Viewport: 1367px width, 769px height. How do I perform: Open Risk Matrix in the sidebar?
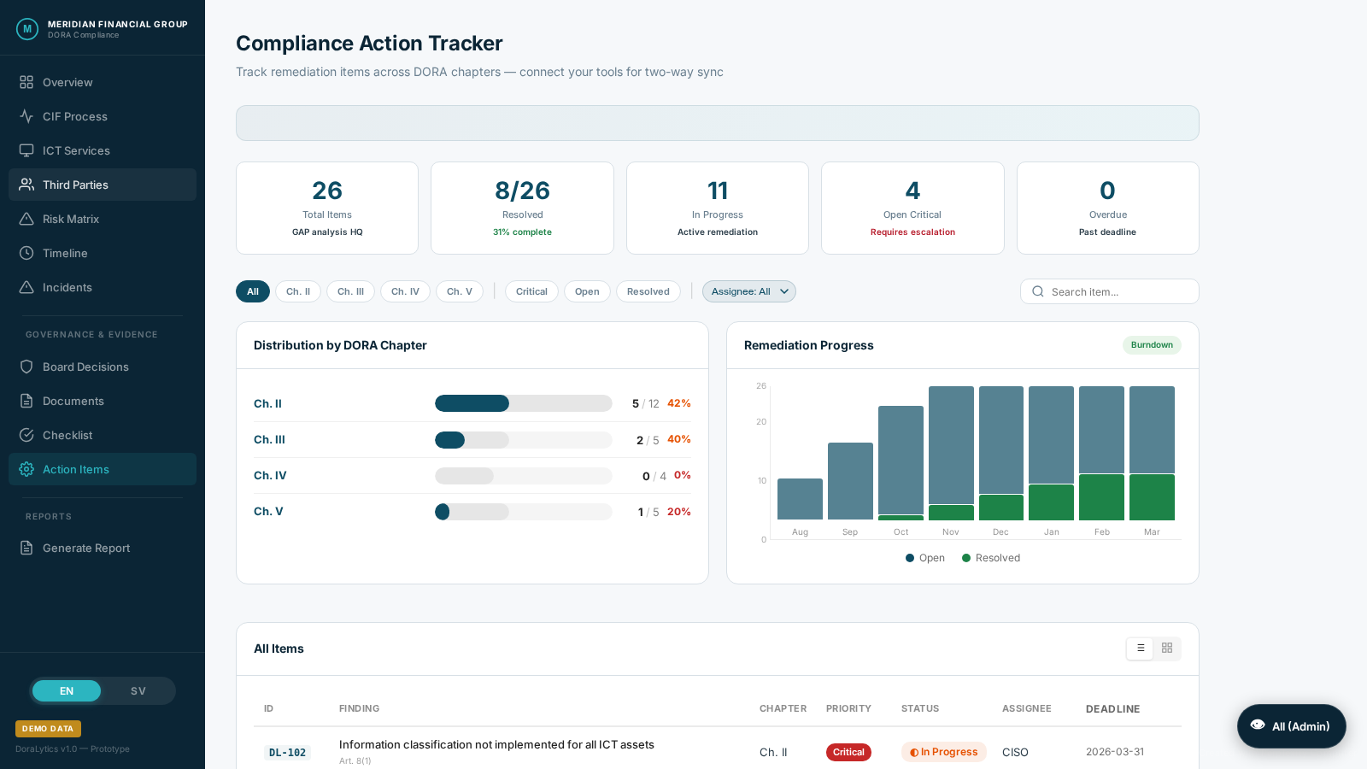tap(71, 219)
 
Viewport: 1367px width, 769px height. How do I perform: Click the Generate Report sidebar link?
tap(86, 548)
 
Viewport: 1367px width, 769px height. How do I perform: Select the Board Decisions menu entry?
tap(85, 367)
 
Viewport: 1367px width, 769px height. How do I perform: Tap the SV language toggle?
tap(138, 691)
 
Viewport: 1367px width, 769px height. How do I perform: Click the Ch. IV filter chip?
tap(405, 291)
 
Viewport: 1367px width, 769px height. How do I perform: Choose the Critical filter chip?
tap(531, 291)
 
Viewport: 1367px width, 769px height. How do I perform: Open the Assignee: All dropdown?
tap(749, 291)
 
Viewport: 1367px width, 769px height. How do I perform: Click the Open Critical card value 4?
tap(912, 191)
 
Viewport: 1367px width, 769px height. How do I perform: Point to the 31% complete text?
tap(522, 232)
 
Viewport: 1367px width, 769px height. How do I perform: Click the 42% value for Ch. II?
tap(679, 403)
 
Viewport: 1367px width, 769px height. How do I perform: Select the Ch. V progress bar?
tap(523, 512)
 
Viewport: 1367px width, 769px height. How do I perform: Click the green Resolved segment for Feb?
tap(1101, 497)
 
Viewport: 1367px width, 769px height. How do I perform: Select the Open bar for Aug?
tap(800, 499)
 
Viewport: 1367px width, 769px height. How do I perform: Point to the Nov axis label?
tap(951, 531)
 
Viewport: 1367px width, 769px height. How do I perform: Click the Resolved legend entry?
tap(991, 558)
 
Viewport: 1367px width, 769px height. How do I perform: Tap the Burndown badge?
tap(1152, 345)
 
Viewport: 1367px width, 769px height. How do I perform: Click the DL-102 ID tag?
tap(287, 753)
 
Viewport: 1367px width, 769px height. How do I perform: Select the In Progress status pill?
tap(944, 752)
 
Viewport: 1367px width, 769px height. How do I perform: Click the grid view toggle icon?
tap(1167, 649)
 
